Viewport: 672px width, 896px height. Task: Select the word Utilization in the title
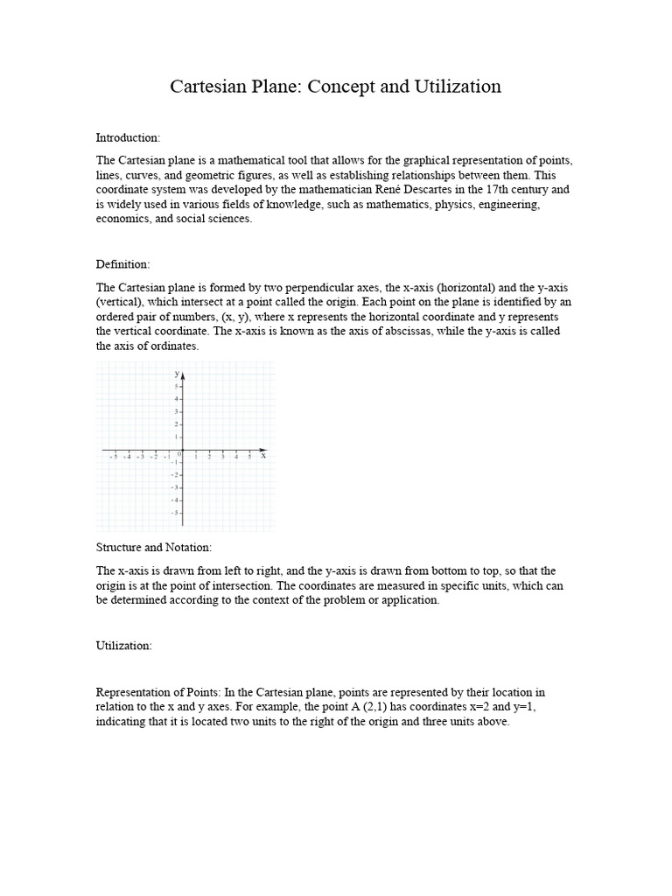pos(456,87)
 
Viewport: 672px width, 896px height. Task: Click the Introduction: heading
pos(128,138)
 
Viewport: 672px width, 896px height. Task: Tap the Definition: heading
pos(123,264)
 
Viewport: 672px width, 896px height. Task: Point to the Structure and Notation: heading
pos(154,548)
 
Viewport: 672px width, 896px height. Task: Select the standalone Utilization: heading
pos(124,646)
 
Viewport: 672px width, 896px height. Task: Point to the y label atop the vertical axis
pos(176,374)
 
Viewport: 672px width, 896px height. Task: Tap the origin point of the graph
pos(182,450)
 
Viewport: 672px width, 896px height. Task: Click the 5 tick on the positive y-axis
pos(176,386)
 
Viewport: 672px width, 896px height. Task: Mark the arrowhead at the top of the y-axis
pos(182,375)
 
